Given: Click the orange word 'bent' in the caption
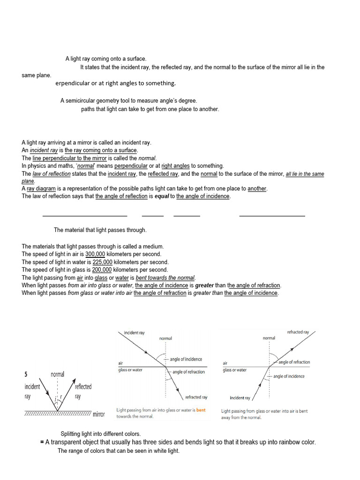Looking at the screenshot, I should coord(201,410).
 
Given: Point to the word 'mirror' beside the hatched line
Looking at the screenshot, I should coord(99,414).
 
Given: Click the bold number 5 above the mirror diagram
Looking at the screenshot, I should coord(26,375).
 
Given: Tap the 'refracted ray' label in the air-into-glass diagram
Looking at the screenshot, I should coord(196,397).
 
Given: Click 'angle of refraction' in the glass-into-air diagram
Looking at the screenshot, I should coord(294,362).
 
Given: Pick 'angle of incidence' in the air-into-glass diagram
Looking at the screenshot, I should coord(186,360).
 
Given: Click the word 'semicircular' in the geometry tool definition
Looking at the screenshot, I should coord(81,101).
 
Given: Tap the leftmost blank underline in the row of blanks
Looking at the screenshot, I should coord(85,216).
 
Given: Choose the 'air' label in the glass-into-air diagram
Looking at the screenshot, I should coord(225,363).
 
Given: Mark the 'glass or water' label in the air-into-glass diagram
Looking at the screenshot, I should coord(130,370).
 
